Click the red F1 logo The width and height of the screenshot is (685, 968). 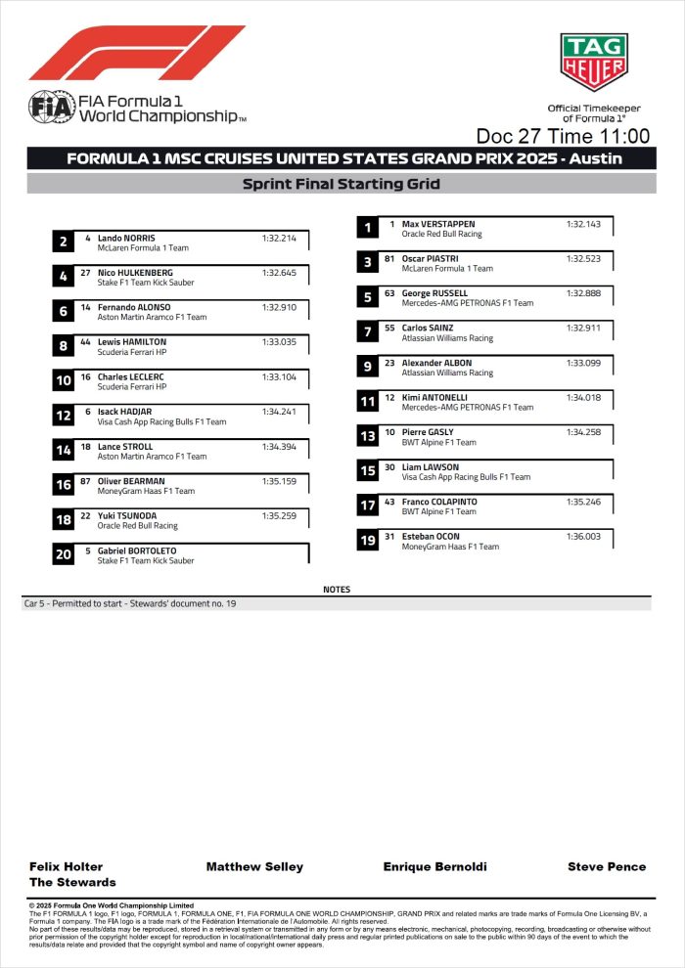[x=137, y=53]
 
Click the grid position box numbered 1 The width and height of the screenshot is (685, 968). [x=367, y=228]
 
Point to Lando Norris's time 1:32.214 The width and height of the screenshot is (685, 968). [x=279, y=238]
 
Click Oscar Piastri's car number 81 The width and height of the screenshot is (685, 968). [x=388, y=258]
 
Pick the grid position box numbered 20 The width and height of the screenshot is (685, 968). [x=63, y=554]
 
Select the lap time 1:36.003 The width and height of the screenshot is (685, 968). [x=583, y=536]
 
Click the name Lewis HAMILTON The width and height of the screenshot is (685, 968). [x=132, y=342]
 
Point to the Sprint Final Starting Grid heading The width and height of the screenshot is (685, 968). [x=342, y=184]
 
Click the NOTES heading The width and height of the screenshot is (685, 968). [x=337, y=590]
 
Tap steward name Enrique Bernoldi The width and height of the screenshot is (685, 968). [x=434, y=866]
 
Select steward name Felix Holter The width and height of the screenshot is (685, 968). [x=66, y=866]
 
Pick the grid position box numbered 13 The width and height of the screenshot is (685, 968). [x=367, y=436]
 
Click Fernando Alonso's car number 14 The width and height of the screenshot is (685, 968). [x=86, y=307]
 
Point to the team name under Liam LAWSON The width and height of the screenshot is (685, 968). [x=466, y=477]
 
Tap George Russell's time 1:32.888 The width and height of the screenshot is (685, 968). [x=583, y=293]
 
